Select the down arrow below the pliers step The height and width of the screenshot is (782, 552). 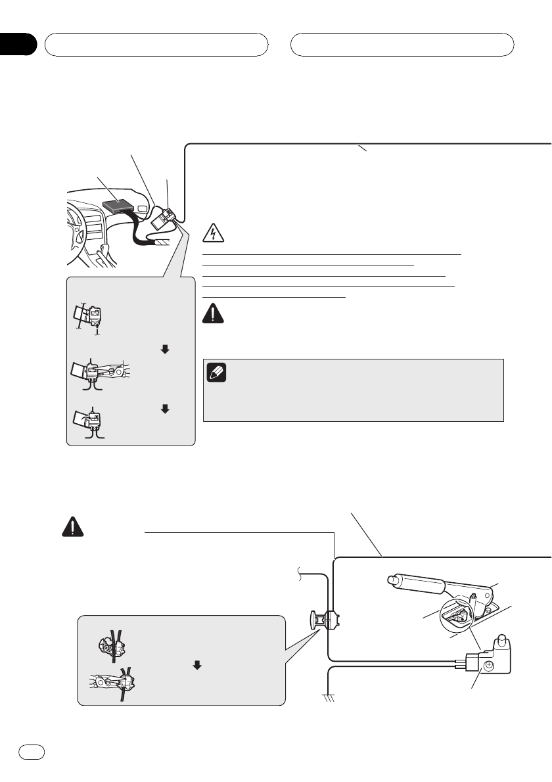click(x=164, y=408)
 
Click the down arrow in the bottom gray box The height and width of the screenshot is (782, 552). click(x=196, y=664)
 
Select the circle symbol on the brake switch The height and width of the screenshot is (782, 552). click(x=488, y=666)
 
